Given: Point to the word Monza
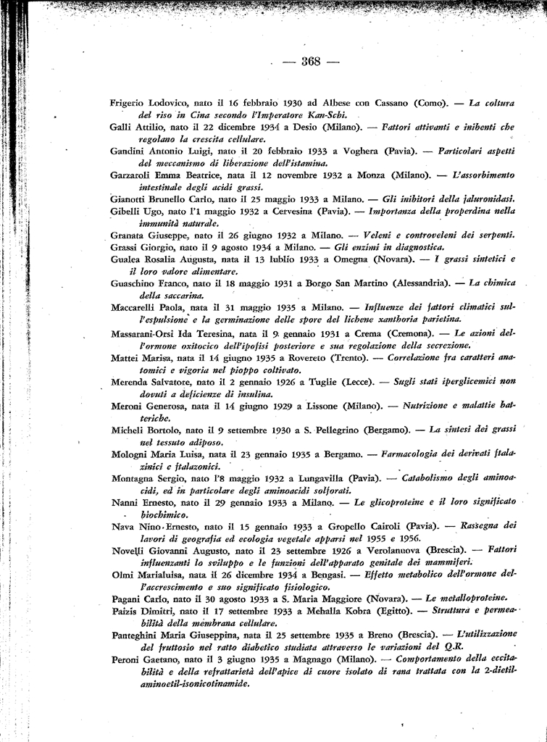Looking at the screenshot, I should [369, 175].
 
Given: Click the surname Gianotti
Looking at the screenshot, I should [130, 199].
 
